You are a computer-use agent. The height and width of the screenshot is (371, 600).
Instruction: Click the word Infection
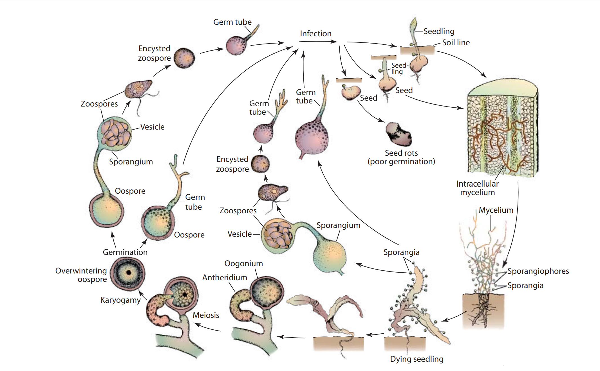point(315,33)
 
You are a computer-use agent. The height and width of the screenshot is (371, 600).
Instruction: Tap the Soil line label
point(456,42)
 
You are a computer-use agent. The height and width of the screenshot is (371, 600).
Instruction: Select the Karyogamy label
point(120,300)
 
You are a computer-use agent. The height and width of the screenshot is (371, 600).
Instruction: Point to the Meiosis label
point(206,315)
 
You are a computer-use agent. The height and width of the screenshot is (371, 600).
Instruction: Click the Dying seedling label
point(417,359)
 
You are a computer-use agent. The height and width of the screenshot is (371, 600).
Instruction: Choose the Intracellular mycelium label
point(477,188)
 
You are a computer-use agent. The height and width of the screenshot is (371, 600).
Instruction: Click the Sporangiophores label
point(538,271)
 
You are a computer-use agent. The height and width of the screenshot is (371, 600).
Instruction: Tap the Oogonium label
point(243,263)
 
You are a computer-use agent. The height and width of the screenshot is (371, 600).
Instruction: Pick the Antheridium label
point(225,277)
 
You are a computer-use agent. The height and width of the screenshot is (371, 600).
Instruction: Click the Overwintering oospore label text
point(81,275)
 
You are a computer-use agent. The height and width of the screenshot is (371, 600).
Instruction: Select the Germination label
point(125,252)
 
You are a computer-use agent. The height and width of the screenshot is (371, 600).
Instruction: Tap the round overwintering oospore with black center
point(128,272)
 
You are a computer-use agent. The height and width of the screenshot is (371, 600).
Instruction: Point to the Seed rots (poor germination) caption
point(401,157)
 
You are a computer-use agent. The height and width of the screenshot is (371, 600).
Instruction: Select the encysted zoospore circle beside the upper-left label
point(184,58)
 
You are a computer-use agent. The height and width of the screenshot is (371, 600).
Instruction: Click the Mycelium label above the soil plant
point(496,210)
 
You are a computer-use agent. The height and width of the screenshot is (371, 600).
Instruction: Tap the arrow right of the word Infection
point(318,42)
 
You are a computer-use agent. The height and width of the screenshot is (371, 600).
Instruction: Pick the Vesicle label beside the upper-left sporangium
point(152,127)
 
